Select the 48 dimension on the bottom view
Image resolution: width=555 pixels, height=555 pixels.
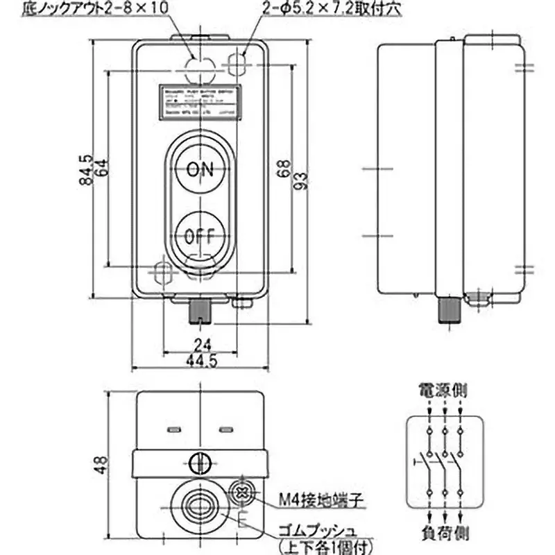(x=102, y=463)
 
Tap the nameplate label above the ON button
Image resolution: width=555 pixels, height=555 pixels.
(x=199, y=101)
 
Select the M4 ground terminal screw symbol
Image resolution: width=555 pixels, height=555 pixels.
(x=242, y=490)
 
